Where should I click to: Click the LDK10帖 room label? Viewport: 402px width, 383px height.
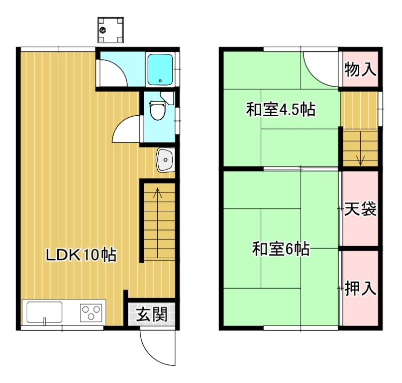coord(81,255)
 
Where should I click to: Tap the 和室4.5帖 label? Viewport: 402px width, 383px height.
coord(281,110)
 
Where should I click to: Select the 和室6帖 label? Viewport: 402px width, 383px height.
coord(281,249)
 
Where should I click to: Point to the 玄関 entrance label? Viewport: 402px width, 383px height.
coord(152,314)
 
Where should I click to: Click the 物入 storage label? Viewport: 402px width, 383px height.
coord(360,69)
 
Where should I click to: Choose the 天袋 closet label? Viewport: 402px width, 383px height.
coord(360,209)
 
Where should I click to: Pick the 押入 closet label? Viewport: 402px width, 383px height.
coord(360,288)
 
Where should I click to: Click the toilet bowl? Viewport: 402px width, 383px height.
coord(157,110)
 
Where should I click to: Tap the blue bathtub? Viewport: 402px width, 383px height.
coord(160,69)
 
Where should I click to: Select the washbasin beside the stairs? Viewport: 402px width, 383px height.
coord(165,160)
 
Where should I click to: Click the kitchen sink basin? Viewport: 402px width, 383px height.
coord(44,312)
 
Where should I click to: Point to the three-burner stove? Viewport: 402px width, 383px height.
coord(91,313)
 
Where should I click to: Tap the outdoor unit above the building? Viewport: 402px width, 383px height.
coord(111,30)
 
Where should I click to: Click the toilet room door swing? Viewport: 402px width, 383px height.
coord(121,123)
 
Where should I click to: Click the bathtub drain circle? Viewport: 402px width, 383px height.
coord(160,81)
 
